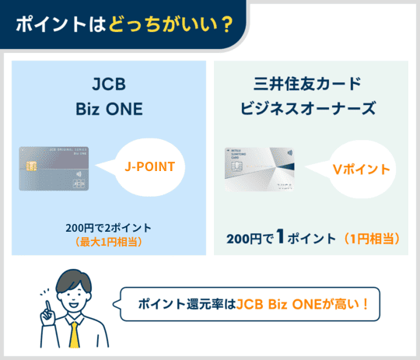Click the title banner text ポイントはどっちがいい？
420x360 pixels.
124,23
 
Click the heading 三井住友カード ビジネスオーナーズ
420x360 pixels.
310,95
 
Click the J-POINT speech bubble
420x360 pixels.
149,166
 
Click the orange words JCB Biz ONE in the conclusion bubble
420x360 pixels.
282,305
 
